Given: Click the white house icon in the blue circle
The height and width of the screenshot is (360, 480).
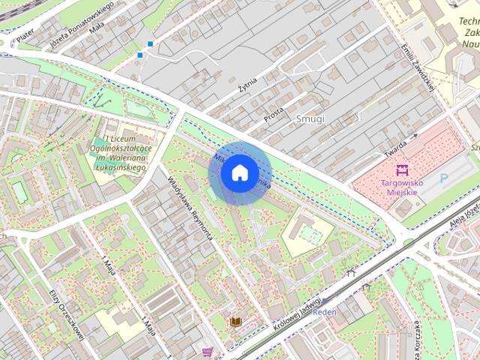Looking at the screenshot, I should click(x=239, y=173).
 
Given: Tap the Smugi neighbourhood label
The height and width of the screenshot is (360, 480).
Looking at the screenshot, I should click(x=310, y=118).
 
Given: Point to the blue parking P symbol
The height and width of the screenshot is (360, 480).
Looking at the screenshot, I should click(x=443, y=178).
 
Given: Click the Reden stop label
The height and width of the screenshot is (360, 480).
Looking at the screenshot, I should click(x=325, y=312).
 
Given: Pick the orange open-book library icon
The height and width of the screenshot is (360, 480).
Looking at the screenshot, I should click(x=235, y=322).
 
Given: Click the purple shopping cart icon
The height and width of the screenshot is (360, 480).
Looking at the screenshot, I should click(x=208, y=351).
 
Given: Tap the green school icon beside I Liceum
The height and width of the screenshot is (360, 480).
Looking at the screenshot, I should click(x=100, y=142).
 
